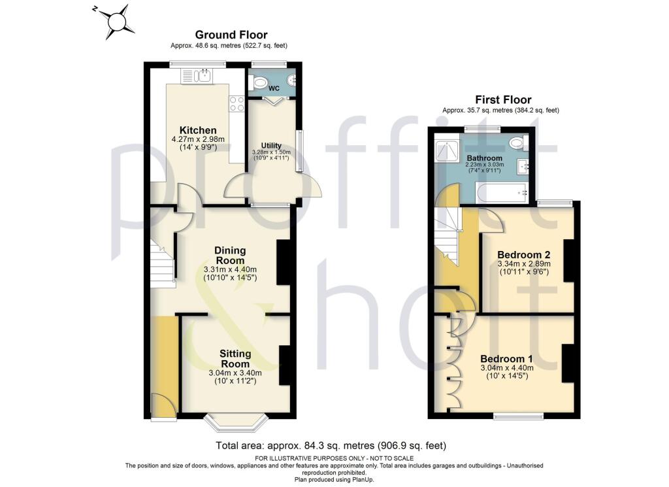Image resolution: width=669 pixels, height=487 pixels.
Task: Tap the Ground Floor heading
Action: pos(232,35)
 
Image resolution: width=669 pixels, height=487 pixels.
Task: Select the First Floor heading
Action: pos(502,99)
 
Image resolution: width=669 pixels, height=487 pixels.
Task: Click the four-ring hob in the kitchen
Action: pos(237,103)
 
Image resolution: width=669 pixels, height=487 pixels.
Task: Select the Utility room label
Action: pos(271,145)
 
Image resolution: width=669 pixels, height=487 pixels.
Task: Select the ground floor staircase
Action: pos(163,261)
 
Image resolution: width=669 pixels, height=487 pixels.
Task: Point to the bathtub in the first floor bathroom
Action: pos(501,192)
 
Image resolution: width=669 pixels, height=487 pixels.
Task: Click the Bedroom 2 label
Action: pos(523,254)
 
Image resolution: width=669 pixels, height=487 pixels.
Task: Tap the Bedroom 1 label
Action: pos(506,359)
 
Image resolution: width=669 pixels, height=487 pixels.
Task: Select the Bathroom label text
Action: pos(484,158)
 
